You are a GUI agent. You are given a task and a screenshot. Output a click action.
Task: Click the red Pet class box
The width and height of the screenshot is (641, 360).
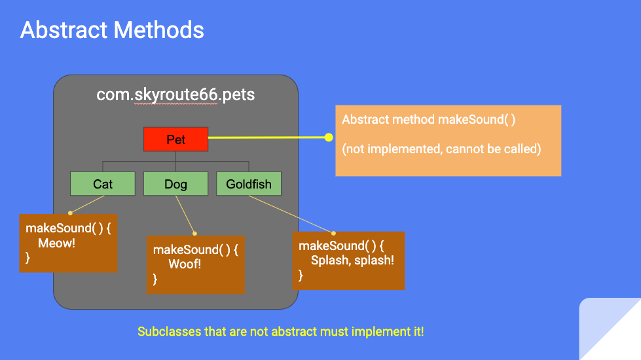175,139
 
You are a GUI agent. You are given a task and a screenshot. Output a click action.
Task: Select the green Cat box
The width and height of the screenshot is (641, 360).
103,184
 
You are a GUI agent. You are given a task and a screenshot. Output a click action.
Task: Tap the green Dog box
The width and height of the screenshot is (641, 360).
175,184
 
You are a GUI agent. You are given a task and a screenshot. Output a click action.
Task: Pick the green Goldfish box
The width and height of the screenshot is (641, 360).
249,184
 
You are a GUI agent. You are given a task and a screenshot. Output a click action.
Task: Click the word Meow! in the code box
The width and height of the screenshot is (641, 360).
56,243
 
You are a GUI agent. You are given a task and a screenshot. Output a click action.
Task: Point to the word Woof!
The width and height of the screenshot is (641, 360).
185,264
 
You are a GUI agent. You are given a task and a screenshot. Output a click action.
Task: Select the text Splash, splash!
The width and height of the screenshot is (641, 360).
352,261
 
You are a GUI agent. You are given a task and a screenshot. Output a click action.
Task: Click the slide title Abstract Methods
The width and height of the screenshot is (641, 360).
112,30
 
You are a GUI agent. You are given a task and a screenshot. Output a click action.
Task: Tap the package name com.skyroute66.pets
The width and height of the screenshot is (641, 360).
175,94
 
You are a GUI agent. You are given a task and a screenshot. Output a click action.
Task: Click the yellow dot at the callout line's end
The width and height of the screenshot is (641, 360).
329,137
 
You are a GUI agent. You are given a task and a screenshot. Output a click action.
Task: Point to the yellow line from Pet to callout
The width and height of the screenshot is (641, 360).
268,137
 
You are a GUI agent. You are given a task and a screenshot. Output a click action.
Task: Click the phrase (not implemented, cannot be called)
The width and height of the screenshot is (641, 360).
441,149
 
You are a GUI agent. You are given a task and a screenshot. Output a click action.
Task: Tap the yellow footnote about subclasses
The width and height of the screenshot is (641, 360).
281,331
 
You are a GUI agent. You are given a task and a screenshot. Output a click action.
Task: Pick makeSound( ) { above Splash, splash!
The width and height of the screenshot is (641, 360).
341,245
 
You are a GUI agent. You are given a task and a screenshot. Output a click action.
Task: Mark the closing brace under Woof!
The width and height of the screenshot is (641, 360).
155,279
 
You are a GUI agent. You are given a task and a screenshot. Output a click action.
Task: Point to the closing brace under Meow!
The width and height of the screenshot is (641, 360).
28,258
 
